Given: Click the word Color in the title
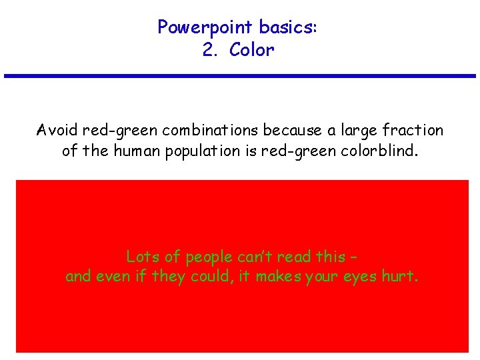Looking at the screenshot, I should tap(251, 51).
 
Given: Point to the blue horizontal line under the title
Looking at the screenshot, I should tap(240, 76).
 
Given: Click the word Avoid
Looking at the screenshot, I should tap(56, 130).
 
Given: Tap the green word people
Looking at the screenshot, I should tap(206, 257).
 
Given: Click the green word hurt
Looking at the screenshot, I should tap(399, 276).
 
